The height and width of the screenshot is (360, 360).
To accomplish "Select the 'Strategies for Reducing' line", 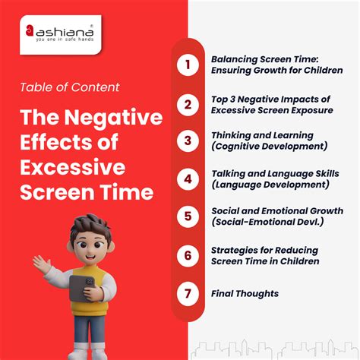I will pyautogui.click(x=265, y=250).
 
